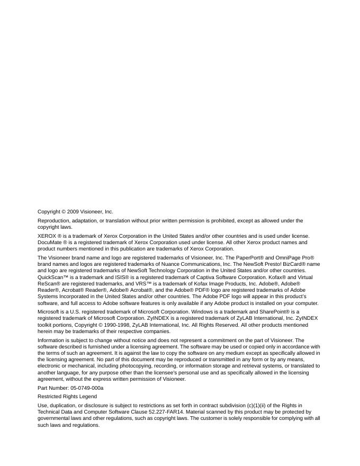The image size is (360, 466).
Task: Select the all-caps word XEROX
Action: (x=47, y=236)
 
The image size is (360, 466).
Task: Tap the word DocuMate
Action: (x=49, y=242)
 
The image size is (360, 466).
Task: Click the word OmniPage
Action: (x=287, y=257)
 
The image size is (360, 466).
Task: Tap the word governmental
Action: (x=55, y=418)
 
